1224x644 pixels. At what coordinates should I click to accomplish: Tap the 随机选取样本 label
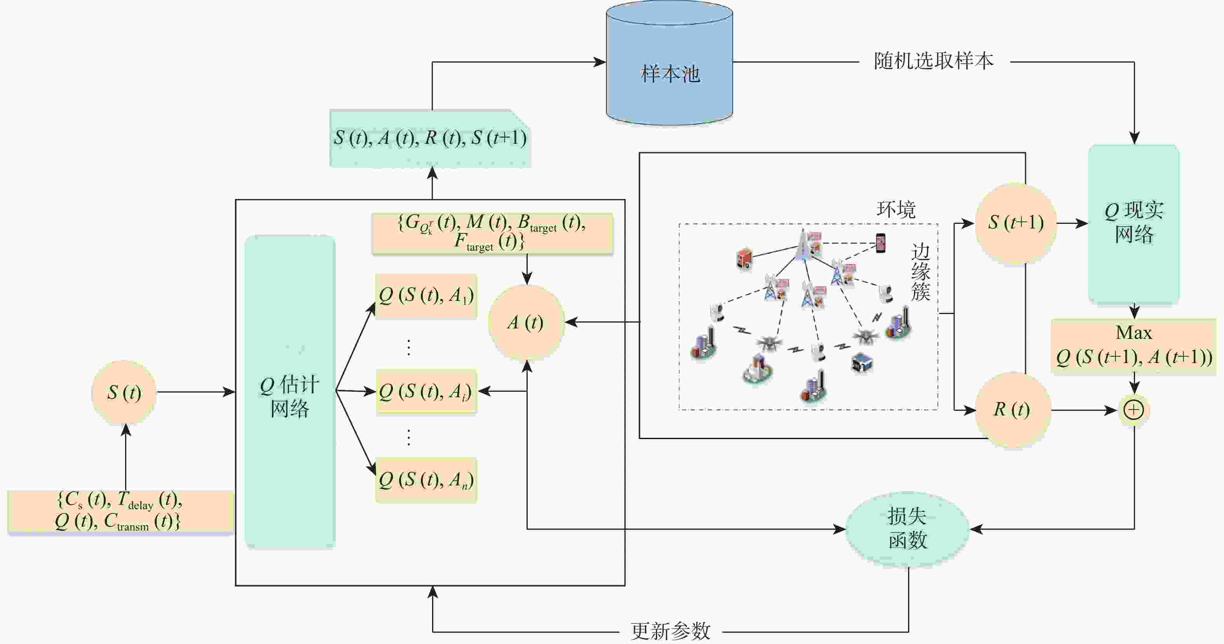[x=934, y=61]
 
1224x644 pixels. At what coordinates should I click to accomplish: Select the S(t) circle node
[x=124, y=392]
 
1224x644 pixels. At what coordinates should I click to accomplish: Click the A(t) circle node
[x=526, y=322]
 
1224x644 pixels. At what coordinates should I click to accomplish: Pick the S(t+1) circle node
[x=1016, y=222]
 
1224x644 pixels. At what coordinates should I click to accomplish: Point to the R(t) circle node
[x=1012, y=409]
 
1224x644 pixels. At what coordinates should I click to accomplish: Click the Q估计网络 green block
[x=290, y=392]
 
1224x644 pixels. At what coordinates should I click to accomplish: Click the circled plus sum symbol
[x=1134, y=410]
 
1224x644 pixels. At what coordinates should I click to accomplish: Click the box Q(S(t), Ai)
[x=426, y=391]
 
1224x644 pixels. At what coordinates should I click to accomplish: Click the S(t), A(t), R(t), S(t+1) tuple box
[x=430, y=138]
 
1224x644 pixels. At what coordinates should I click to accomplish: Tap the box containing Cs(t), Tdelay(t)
[x=120, y=510]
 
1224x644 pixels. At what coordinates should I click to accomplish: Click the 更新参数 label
[x=670, y=631]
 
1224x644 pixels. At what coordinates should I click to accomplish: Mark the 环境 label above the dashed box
[x=896, y=209]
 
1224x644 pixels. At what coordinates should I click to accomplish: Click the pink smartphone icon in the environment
[x=881, y=243]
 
